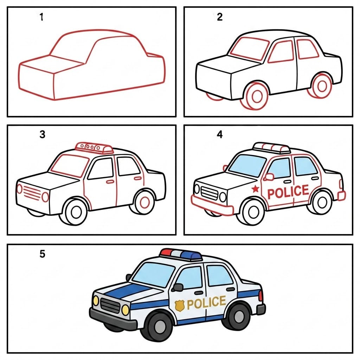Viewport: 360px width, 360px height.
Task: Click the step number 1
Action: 41,17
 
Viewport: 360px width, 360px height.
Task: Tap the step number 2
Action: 220,17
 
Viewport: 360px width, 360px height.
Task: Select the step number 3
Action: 42,135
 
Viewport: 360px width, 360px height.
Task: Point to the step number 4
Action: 220,135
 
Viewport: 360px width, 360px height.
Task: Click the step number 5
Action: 42,254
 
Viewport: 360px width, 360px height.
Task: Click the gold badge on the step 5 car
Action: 180,306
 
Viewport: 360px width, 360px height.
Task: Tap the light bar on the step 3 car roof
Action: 94,148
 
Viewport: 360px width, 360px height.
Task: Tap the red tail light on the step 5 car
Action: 261,295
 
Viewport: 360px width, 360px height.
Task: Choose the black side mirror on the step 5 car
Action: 178,287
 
